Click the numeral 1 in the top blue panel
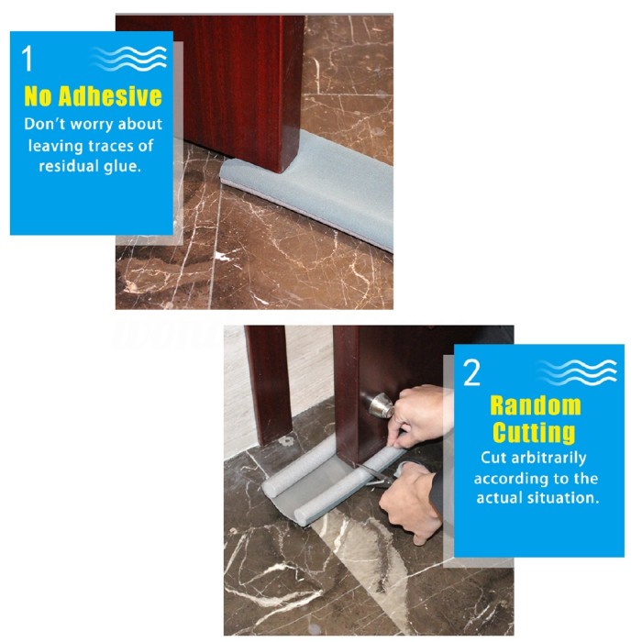[27, 58]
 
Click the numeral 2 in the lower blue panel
[471, 372]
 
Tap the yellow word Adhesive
[110, 96]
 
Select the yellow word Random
[536, 405]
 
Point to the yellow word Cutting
[534, 432]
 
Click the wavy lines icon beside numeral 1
[128, 58]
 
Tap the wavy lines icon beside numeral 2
[577, 372]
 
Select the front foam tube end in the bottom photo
[304, 516]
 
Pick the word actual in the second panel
[493, 498]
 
